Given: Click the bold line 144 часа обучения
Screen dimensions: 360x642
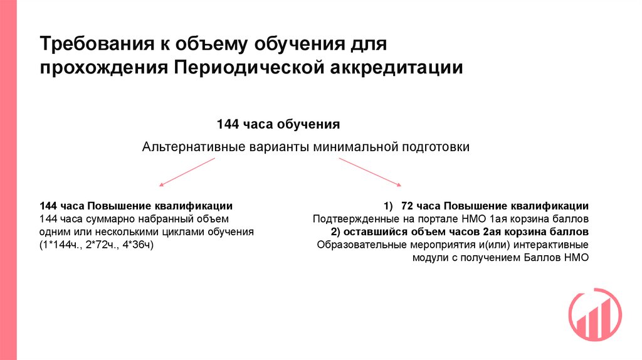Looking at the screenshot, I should [278, 124].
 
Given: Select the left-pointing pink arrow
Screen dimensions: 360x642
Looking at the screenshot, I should [187, 172].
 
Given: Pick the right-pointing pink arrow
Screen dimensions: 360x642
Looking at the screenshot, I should [370, 172].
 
